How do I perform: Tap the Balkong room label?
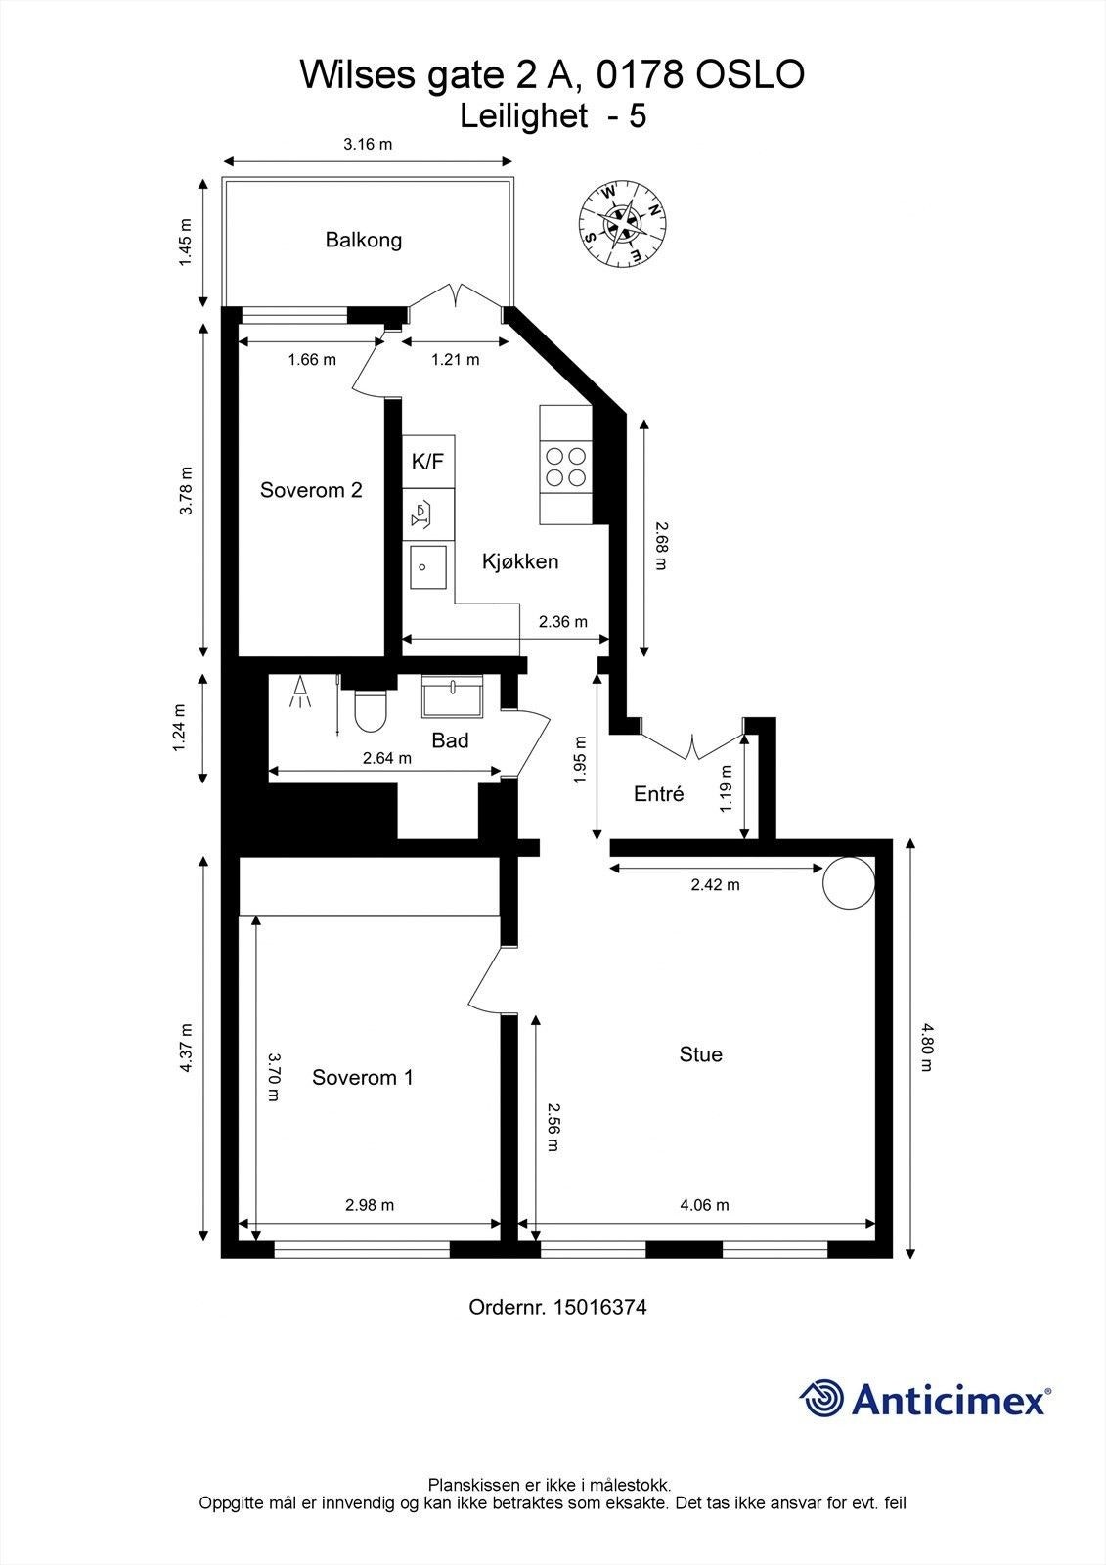click(364, 240)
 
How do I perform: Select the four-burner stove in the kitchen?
click(566, 466)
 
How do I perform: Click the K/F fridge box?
click(428, 462)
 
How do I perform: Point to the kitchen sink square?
click(428, 567)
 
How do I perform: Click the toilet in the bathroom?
click(371, 710)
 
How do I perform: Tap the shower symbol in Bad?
click(300, 692)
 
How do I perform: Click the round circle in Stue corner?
click(848, 882)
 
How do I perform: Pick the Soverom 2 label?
click(311, 490)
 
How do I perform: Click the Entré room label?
click(658, 794)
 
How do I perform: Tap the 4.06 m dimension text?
click(704, 1205)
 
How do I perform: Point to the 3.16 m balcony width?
click(368, 145)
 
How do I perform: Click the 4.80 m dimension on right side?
click(926, 1047)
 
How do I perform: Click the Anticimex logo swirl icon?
click(821, 1399)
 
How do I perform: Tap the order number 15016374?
click(599, 1307)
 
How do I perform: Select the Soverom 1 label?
click(362, 1078)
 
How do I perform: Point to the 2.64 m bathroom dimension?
click(386, 758)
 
